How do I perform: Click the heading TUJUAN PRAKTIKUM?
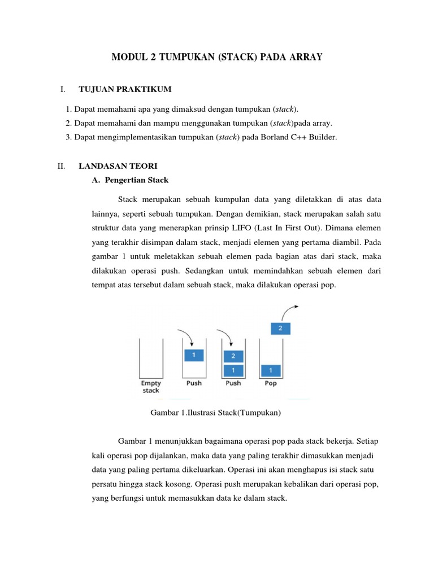click(125, 90)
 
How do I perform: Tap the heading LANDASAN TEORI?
click(118, 167)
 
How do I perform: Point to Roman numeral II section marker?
click(62, 167)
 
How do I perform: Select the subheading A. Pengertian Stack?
click(130, 180)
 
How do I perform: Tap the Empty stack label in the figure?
click(151, 387)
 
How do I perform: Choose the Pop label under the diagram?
click(271, 383)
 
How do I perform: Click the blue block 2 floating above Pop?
click(281, 327)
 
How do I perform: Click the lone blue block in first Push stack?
click(194, 356)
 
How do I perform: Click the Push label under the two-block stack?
click(233, 383)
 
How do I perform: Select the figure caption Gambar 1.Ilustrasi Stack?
click(216, 413)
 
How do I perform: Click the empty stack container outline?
click(151, 358)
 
